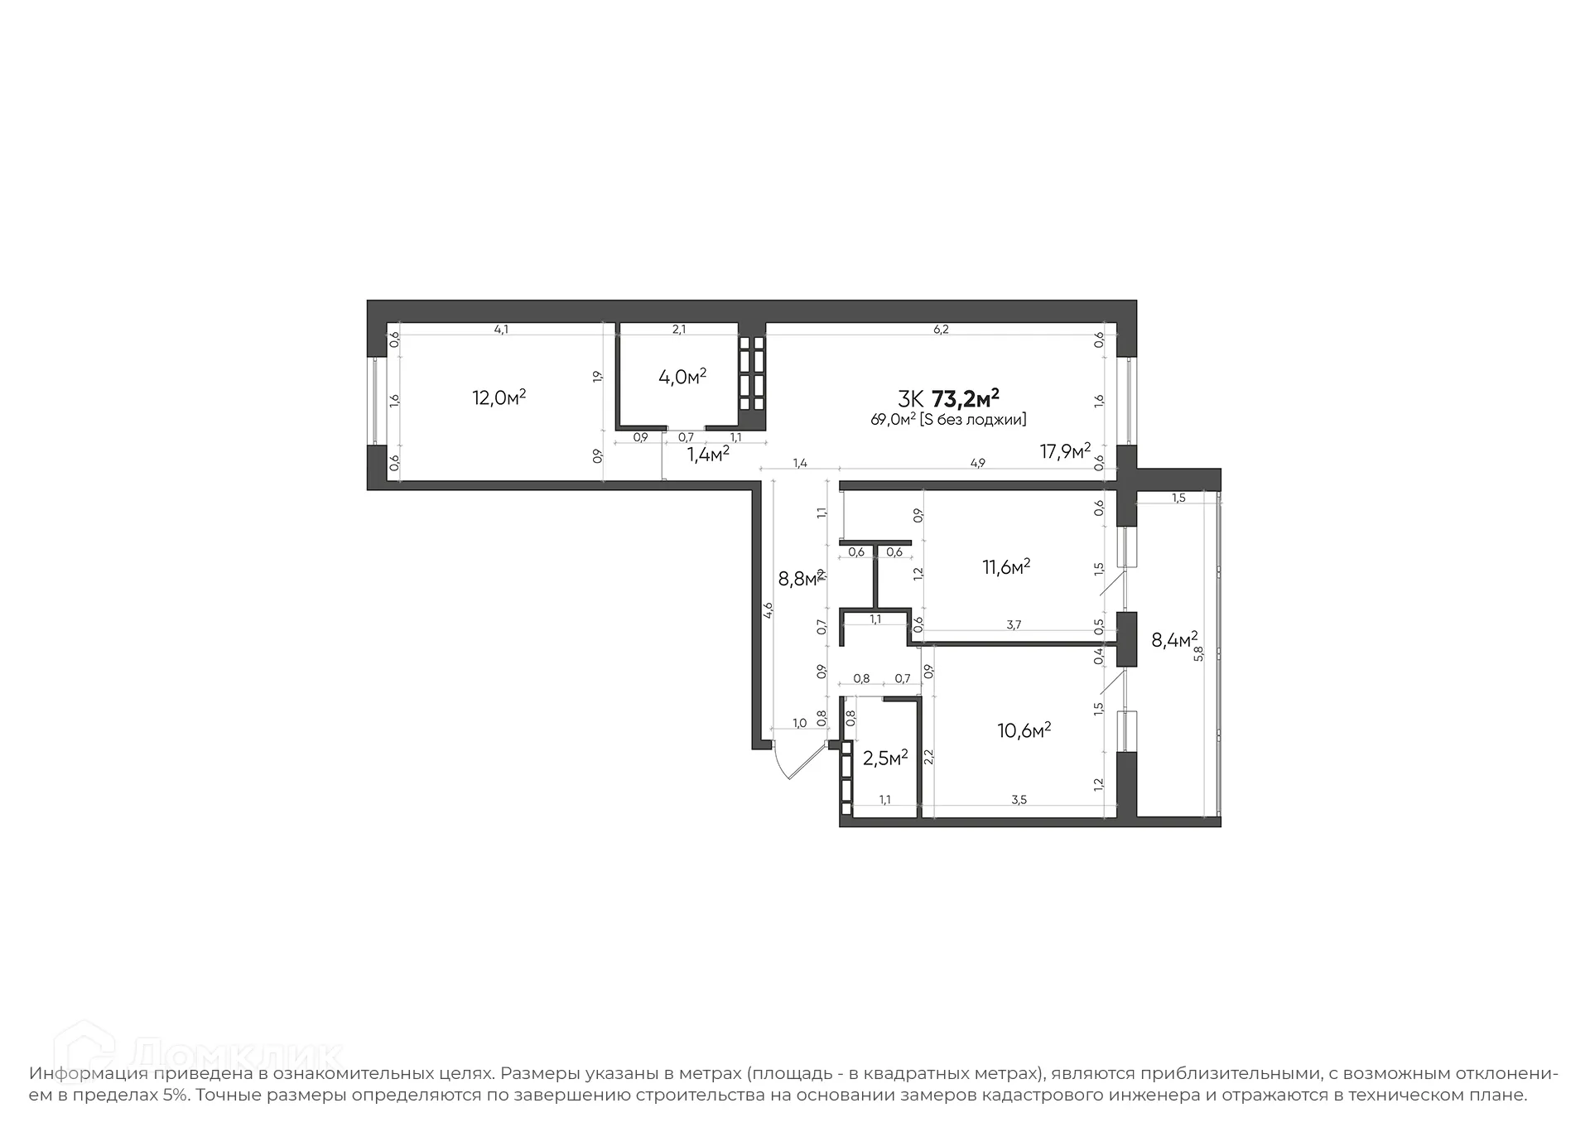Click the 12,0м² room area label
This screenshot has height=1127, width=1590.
click(499, 397)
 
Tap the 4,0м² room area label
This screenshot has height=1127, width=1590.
click(682, 378)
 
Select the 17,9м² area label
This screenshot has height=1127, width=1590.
click(1065, 451)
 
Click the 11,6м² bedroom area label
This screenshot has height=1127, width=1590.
click(1006, 567)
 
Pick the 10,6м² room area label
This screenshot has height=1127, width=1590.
click(1024, 730)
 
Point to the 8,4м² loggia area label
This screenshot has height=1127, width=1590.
click(1174, 639)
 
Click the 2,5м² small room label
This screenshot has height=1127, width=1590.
click(885, 758)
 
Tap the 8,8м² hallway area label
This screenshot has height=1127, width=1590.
click(800, 578)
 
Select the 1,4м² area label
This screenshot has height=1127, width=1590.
click(708, 454)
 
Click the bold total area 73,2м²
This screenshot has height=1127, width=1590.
click(966, 398)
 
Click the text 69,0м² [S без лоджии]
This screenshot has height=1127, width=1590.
click(948, 420)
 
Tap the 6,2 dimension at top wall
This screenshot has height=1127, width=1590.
click(941, 329)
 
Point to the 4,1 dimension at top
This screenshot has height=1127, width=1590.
click(501, 329)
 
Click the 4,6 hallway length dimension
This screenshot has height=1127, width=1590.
click(768, 610)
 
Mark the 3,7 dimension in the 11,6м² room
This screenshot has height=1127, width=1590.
click(1014, 625)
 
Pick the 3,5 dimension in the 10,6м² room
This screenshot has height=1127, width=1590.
click(1019, 799)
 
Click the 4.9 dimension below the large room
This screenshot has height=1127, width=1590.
click(977, 464)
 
